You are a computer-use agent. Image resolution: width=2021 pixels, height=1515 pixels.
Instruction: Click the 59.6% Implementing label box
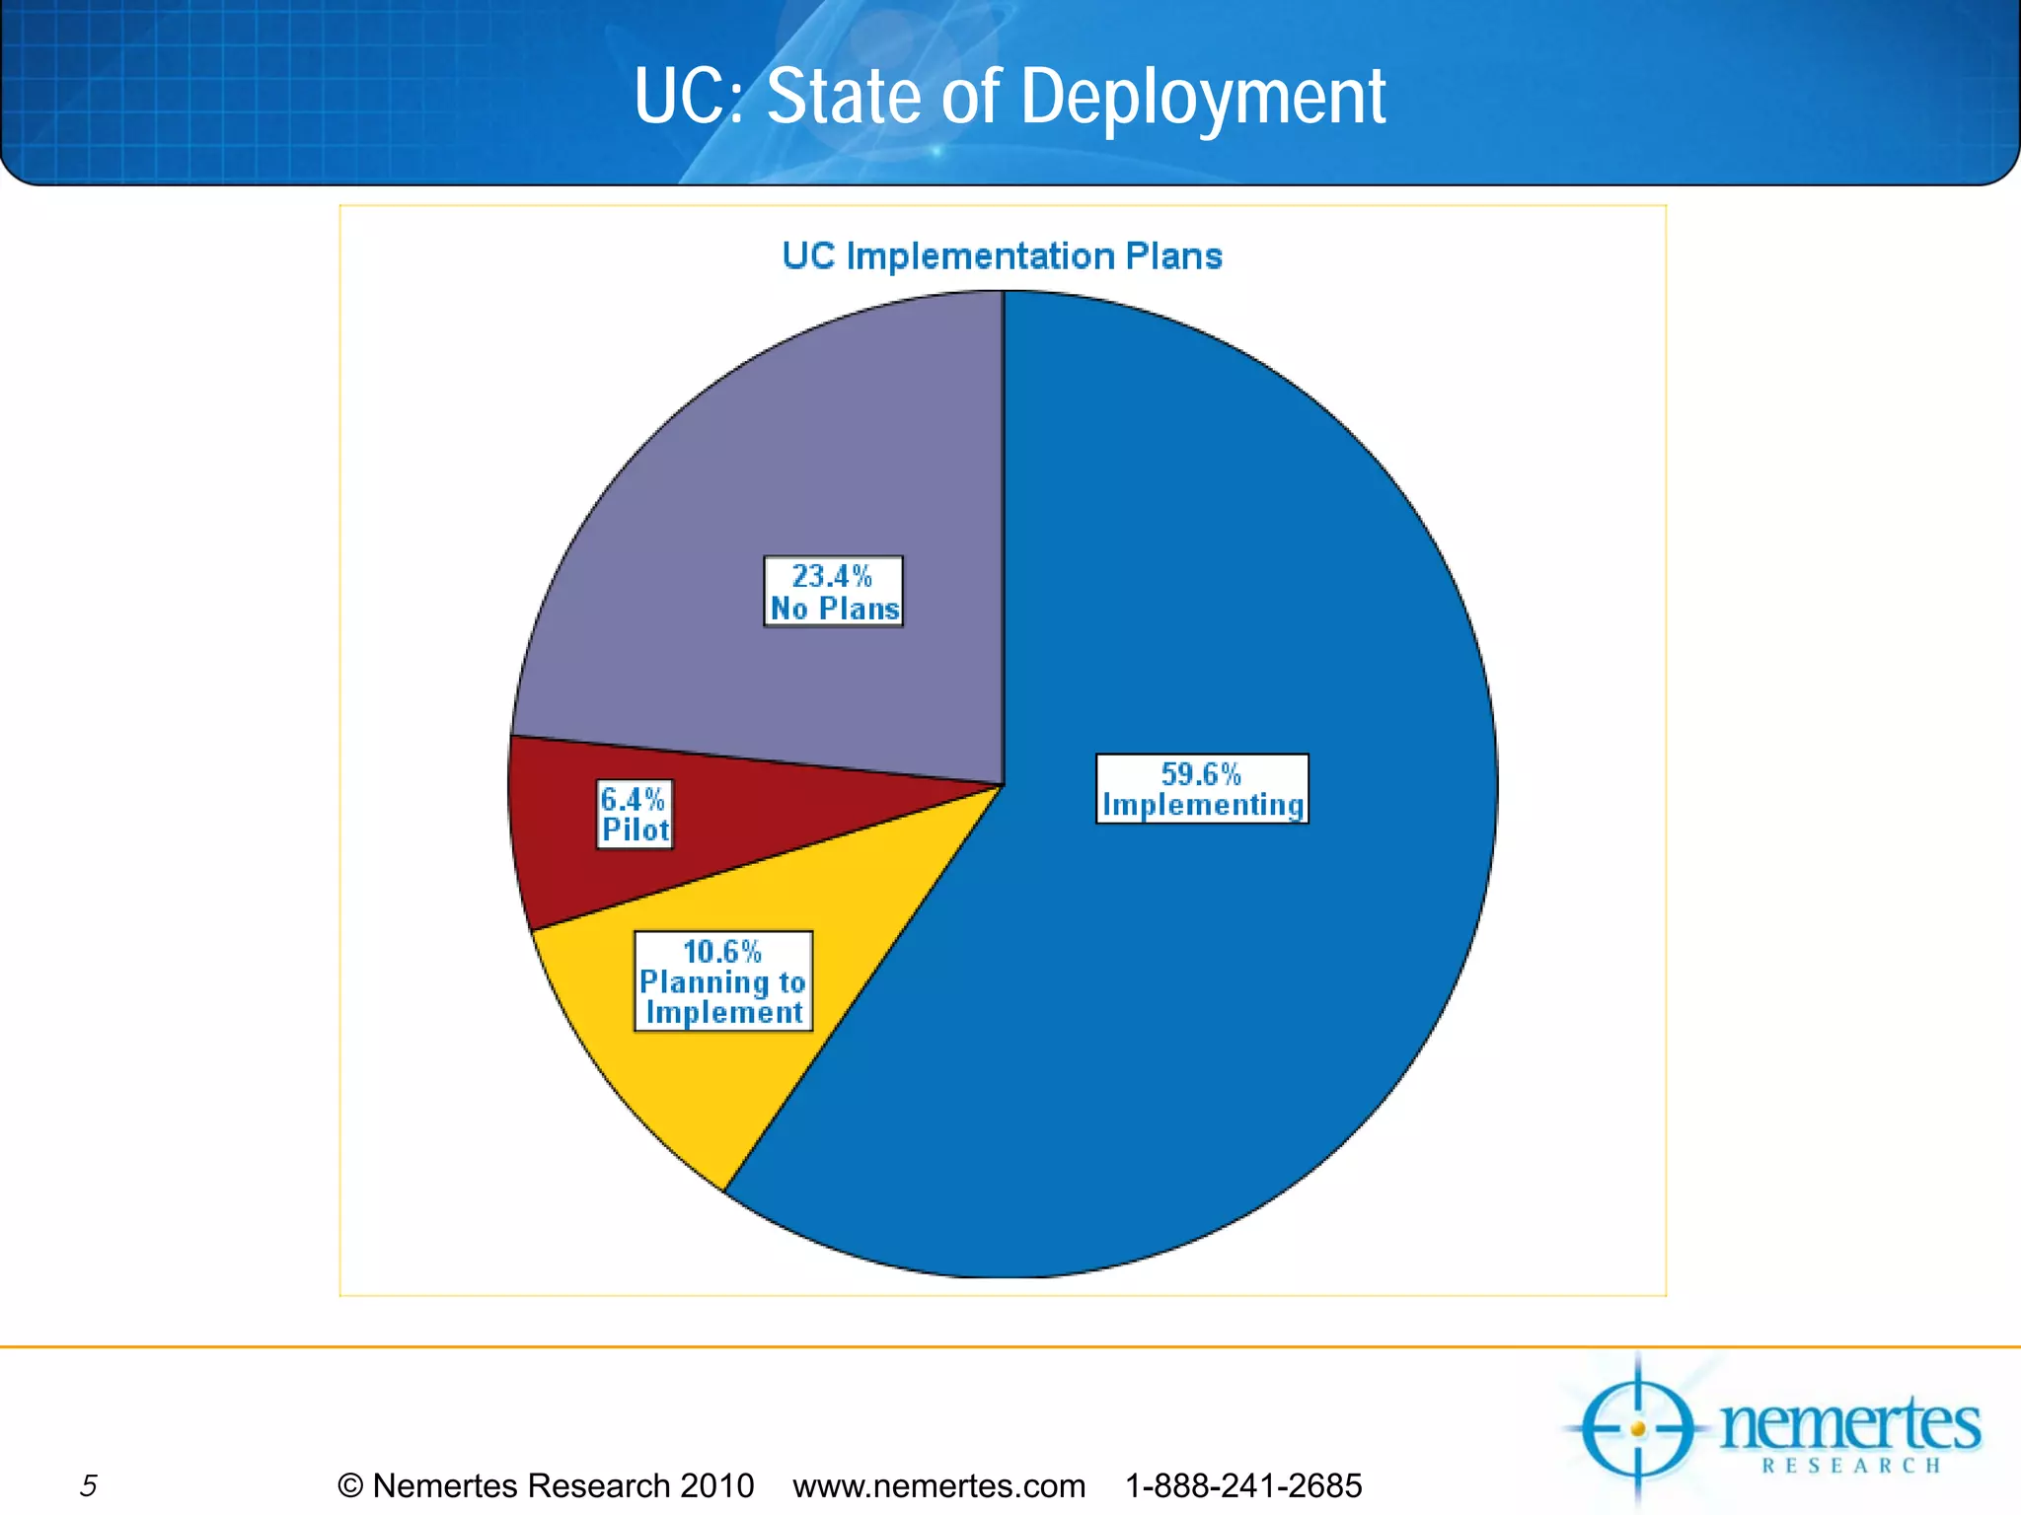[1202, 789]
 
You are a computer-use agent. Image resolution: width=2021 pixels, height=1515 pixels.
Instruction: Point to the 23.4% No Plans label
[834, 592]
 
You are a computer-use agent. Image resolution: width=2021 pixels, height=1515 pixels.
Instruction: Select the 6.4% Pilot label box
[636, 815]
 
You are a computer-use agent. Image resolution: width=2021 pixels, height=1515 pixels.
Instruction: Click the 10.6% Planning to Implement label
[723, 981]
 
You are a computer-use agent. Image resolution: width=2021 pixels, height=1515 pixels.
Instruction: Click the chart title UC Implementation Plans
[1002, 256]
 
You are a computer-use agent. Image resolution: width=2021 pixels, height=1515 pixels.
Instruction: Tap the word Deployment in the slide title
[1202, 99]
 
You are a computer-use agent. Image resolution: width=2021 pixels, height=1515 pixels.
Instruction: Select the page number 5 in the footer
[89, 1485]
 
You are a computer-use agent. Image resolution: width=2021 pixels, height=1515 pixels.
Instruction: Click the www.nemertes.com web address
[938, 1485]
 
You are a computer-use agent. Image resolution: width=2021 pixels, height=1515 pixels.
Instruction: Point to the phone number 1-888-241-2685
[1243, 1485]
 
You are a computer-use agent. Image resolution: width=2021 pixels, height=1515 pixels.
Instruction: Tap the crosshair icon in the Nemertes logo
[1638, 1428]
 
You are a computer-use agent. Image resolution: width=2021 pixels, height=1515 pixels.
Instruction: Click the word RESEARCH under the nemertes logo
[1851, 1466]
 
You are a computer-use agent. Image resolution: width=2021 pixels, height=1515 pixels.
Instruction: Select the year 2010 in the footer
[716, 1485]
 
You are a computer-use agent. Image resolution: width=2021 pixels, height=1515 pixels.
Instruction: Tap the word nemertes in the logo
[1849, 1424]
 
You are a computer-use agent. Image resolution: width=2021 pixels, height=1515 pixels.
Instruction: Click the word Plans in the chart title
[1173, 256]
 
